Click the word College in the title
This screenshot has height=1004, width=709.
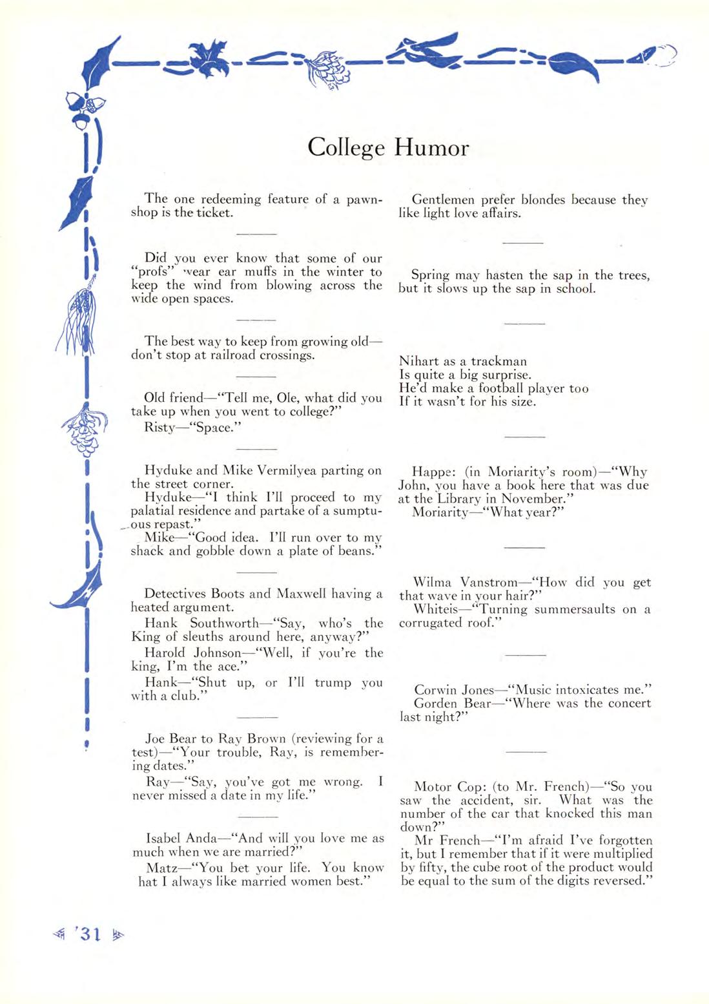[x=346, y=149]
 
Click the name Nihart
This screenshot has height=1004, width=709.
[x=419, y=361]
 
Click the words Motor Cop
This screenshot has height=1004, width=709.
[x=449, y=787]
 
